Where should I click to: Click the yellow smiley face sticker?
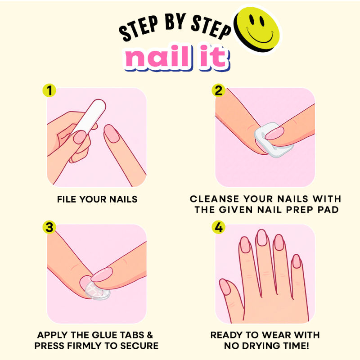257,28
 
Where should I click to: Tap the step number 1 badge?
49,90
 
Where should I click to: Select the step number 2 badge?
218,90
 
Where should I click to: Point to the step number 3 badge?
49,227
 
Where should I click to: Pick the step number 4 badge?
218,227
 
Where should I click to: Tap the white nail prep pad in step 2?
273,140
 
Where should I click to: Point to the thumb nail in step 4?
225,287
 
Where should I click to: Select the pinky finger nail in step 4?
297,261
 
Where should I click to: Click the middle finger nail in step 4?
262,238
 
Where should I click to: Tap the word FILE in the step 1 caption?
66,199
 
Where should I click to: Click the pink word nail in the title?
158,57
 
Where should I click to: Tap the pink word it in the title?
214,57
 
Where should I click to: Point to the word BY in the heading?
175,22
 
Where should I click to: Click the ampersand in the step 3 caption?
150,335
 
